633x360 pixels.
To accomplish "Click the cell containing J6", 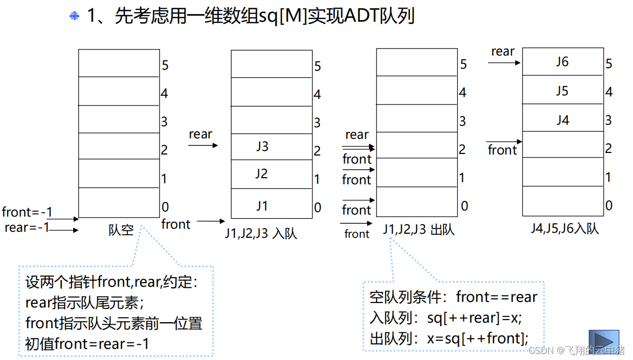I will coord(562,62).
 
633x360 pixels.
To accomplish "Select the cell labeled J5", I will coord(562,91).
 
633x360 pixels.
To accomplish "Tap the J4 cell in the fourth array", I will coord(562,120).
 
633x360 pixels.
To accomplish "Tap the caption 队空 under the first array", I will coord(121,230).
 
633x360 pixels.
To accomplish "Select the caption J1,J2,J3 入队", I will coord(261,233).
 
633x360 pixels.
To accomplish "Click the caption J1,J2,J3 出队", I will coord(418,230).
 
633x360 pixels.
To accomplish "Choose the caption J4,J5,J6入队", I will coord(564,228).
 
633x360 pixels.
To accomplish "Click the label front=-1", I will coord(27,212).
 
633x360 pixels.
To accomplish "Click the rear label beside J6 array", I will coord(503,52).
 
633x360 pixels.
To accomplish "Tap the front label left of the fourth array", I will coord(502,150).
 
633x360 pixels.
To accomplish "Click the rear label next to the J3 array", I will coord(200,134).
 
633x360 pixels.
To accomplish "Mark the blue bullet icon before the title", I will coord(75,16).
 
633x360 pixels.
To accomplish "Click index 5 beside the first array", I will coord(165,65).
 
